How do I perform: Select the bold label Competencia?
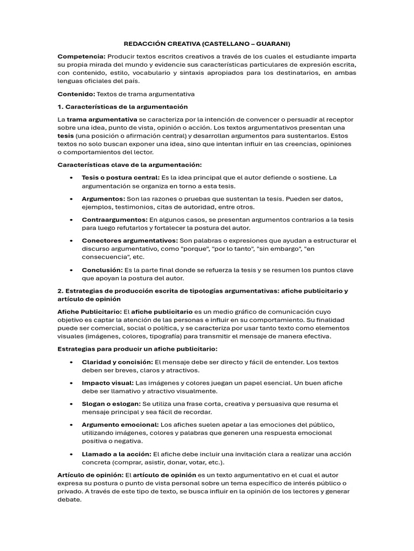pos(81,56)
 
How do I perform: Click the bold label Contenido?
pos(75,94)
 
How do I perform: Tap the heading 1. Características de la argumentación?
pos(122,107)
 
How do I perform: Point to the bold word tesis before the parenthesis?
pos(66,136)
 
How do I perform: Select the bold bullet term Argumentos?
pos(103,199)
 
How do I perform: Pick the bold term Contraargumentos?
pos(114,220)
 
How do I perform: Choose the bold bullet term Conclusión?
pos(102,270)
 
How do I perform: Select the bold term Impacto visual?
pos(107,383)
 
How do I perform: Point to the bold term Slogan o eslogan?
pos(111,404)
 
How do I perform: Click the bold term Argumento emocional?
pos(120,425)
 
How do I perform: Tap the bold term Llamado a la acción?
pos(116,454)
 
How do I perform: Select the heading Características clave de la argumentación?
pos(129,165)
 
